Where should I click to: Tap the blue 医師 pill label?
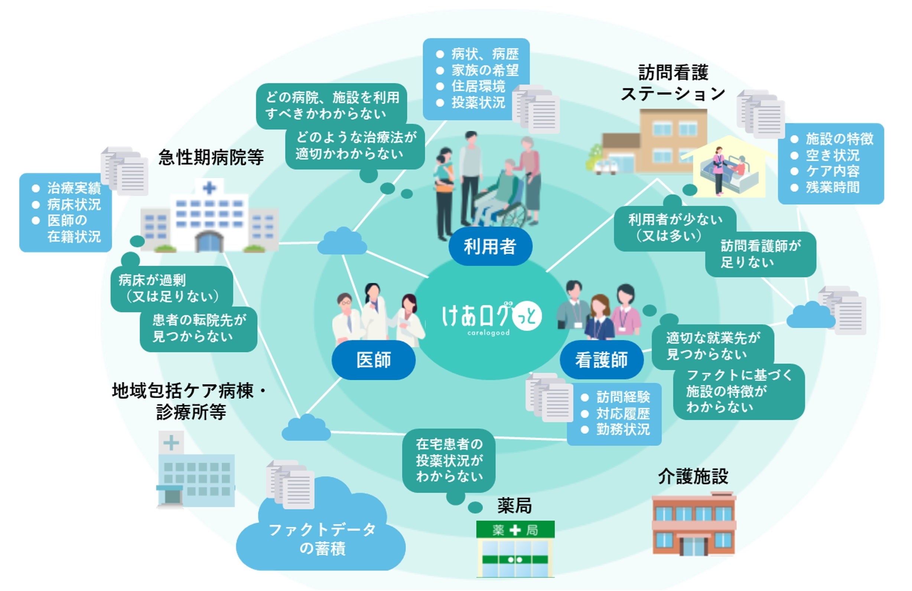click(373, 359)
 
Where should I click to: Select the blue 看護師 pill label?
click(601, 359)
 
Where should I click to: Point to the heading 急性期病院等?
click(211, 157)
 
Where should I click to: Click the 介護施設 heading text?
click(693, 476)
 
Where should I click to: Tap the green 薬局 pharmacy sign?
click(515, 530)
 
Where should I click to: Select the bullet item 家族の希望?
click(485, 70)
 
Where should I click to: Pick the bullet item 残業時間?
click(832, 187)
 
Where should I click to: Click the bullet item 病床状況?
click(74, 204)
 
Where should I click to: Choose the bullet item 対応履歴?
click(623, 413)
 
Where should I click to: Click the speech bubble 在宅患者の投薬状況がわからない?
click(449, 460)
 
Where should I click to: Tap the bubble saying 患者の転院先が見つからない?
click(199, 328)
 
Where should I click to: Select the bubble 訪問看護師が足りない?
click(760, 254)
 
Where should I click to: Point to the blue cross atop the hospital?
click(209, 188)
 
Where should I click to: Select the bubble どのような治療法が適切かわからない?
click(355, 146)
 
